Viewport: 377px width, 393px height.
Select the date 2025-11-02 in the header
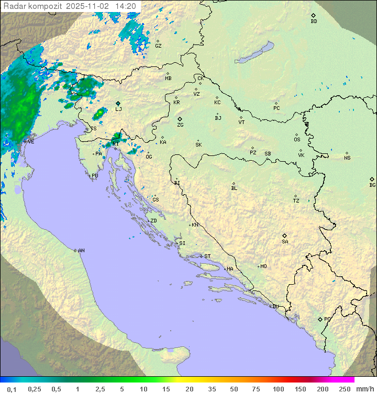tap(88, 6)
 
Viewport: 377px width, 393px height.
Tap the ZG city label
tap(180, 125)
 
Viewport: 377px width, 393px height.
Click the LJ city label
tap(118, 109)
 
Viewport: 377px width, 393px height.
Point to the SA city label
tap(285, 241)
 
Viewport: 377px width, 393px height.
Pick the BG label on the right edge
tap(372, 185)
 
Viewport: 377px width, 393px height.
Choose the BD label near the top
tap(314, 21)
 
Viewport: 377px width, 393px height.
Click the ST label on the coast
tap(207, 256)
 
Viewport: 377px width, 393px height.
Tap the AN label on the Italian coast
tap(81, 251)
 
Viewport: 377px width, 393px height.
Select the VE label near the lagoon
tap(31, 142)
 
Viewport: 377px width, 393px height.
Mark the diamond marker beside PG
tap(320, 319)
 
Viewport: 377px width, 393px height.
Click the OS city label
tap(297, 140)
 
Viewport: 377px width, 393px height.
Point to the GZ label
tap(158, 46)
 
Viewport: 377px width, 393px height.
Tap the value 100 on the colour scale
tap(278, 389)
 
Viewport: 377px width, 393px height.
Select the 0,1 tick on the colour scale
tap(12, 389)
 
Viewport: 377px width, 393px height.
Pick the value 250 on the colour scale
tap(345, 389)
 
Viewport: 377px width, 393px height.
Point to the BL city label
tap(234, 188)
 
